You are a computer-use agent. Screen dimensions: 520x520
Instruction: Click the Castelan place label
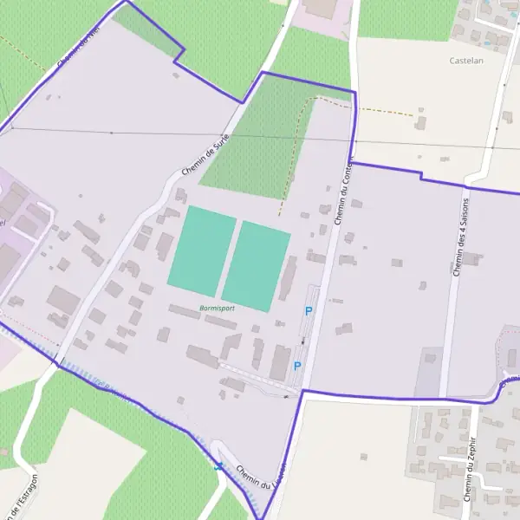(x=466, y=61)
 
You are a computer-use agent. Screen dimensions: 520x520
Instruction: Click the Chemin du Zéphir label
(x=471, y=479)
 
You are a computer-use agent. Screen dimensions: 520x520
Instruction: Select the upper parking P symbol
(x=308, y=311)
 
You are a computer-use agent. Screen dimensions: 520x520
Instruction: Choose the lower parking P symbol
(x=297, y=366)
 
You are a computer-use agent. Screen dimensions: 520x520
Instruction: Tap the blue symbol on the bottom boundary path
(x=219, y=467)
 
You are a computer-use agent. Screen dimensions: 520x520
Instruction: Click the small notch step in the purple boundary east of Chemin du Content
(x=421, y=176)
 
